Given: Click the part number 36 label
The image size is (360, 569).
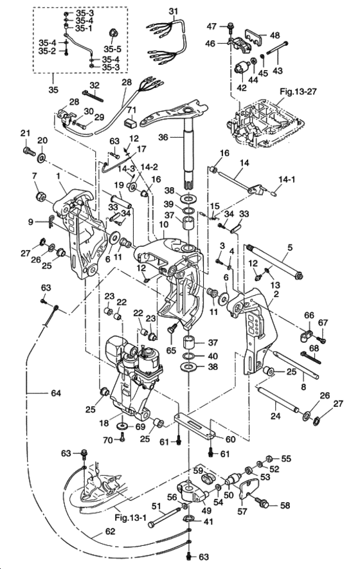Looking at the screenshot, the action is click(x=163, y=137).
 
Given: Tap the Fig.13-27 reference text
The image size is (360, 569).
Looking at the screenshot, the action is click(x=298, y=91).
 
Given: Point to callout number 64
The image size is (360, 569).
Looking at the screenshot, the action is click(x=56, y=393).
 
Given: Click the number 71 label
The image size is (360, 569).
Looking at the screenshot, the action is click(x=130, y=109).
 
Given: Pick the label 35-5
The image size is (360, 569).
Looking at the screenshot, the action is click(x=113, y=49).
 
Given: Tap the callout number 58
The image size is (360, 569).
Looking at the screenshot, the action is click(x=285, y=505).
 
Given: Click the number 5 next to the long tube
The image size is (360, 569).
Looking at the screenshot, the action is click(x=289, y=248).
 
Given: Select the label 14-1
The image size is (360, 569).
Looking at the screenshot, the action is click(x=287, y=179).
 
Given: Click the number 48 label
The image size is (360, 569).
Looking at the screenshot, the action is click(x=274, y=35).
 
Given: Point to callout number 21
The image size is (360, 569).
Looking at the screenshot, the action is click(x=25, y=134).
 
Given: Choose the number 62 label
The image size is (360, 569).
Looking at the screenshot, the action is click(x=110, y=531).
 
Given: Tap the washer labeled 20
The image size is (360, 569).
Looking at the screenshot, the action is click(x=42, y=158).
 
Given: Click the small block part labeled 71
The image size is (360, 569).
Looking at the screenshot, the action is click(x=131, y=122).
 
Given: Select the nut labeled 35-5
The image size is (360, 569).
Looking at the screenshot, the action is click(x=113, y=33).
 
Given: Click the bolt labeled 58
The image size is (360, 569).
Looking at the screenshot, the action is click(x=263, y=502).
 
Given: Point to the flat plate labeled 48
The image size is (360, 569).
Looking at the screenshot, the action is click(x=255, y=35).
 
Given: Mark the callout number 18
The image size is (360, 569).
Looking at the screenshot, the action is click(x=104, y=424).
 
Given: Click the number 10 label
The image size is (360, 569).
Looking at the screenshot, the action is click(x=163, y=224).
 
